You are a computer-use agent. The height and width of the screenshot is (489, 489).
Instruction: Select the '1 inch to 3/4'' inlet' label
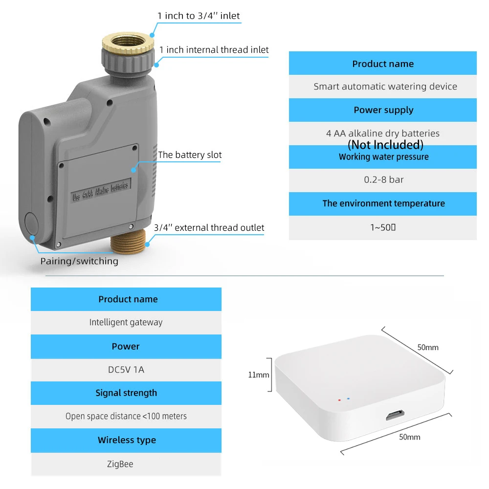pos(199,16)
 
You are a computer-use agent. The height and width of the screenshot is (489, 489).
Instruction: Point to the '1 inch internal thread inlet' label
pos(214,49)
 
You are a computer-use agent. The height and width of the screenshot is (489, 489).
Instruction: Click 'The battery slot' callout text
pos(190,155)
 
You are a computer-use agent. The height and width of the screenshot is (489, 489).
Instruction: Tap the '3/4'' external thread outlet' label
pos(209,227)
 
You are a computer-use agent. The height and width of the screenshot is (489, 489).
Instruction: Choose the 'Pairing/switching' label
pos(79,261)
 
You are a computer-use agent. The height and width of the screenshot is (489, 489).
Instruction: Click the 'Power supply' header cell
pos(383,110)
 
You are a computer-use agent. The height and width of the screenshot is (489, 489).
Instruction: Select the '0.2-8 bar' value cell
pos(383,180)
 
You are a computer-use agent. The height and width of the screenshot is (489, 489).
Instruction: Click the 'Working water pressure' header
pos(383,157)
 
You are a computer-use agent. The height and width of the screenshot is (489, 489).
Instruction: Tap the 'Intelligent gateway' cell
pos(126,322)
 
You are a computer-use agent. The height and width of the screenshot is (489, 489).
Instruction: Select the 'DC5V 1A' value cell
pos(126,370)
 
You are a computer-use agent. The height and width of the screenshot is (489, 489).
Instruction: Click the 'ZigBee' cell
pos(120,464)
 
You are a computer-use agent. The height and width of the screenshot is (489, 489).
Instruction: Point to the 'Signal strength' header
pos(126,393)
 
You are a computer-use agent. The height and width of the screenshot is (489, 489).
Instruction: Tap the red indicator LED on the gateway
pos(339,400)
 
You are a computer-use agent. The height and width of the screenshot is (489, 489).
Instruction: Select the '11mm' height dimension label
pos(258,375)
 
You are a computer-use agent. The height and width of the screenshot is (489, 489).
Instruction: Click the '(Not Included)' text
pos(385,145)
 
